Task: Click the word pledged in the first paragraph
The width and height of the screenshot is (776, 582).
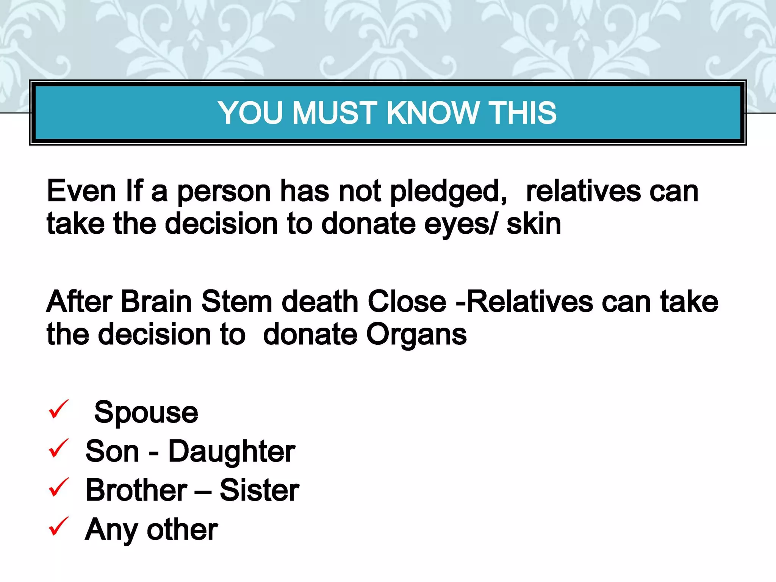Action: click(x=449, y=192)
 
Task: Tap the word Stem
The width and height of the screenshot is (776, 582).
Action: click(x=236, y=302)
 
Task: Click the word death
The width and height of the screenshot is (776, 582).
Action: click(x=320, y=302)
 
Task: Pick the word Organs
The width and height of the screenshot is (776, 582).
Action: click(x=416, y=335)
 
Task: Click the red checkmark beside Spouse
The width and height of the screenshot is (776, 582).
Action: click(x=58, y=409)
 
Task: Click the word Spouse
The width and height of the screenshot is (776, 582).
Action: click(x=146, y=413)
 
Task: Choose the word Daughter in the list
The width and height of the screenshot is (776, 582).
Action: click(x=232, y=452)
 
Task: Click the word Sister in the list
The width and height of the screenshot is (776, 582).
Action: click(x=259, y=490)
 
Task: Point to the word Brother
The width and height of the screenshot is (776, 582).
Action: click(x=136, y=490)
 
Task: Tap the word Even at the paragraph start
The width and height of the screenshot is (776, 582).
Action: click(x=81, y=191)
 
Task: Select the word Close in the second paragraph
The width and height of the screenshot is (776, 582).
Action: click(x=407, y=302)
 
